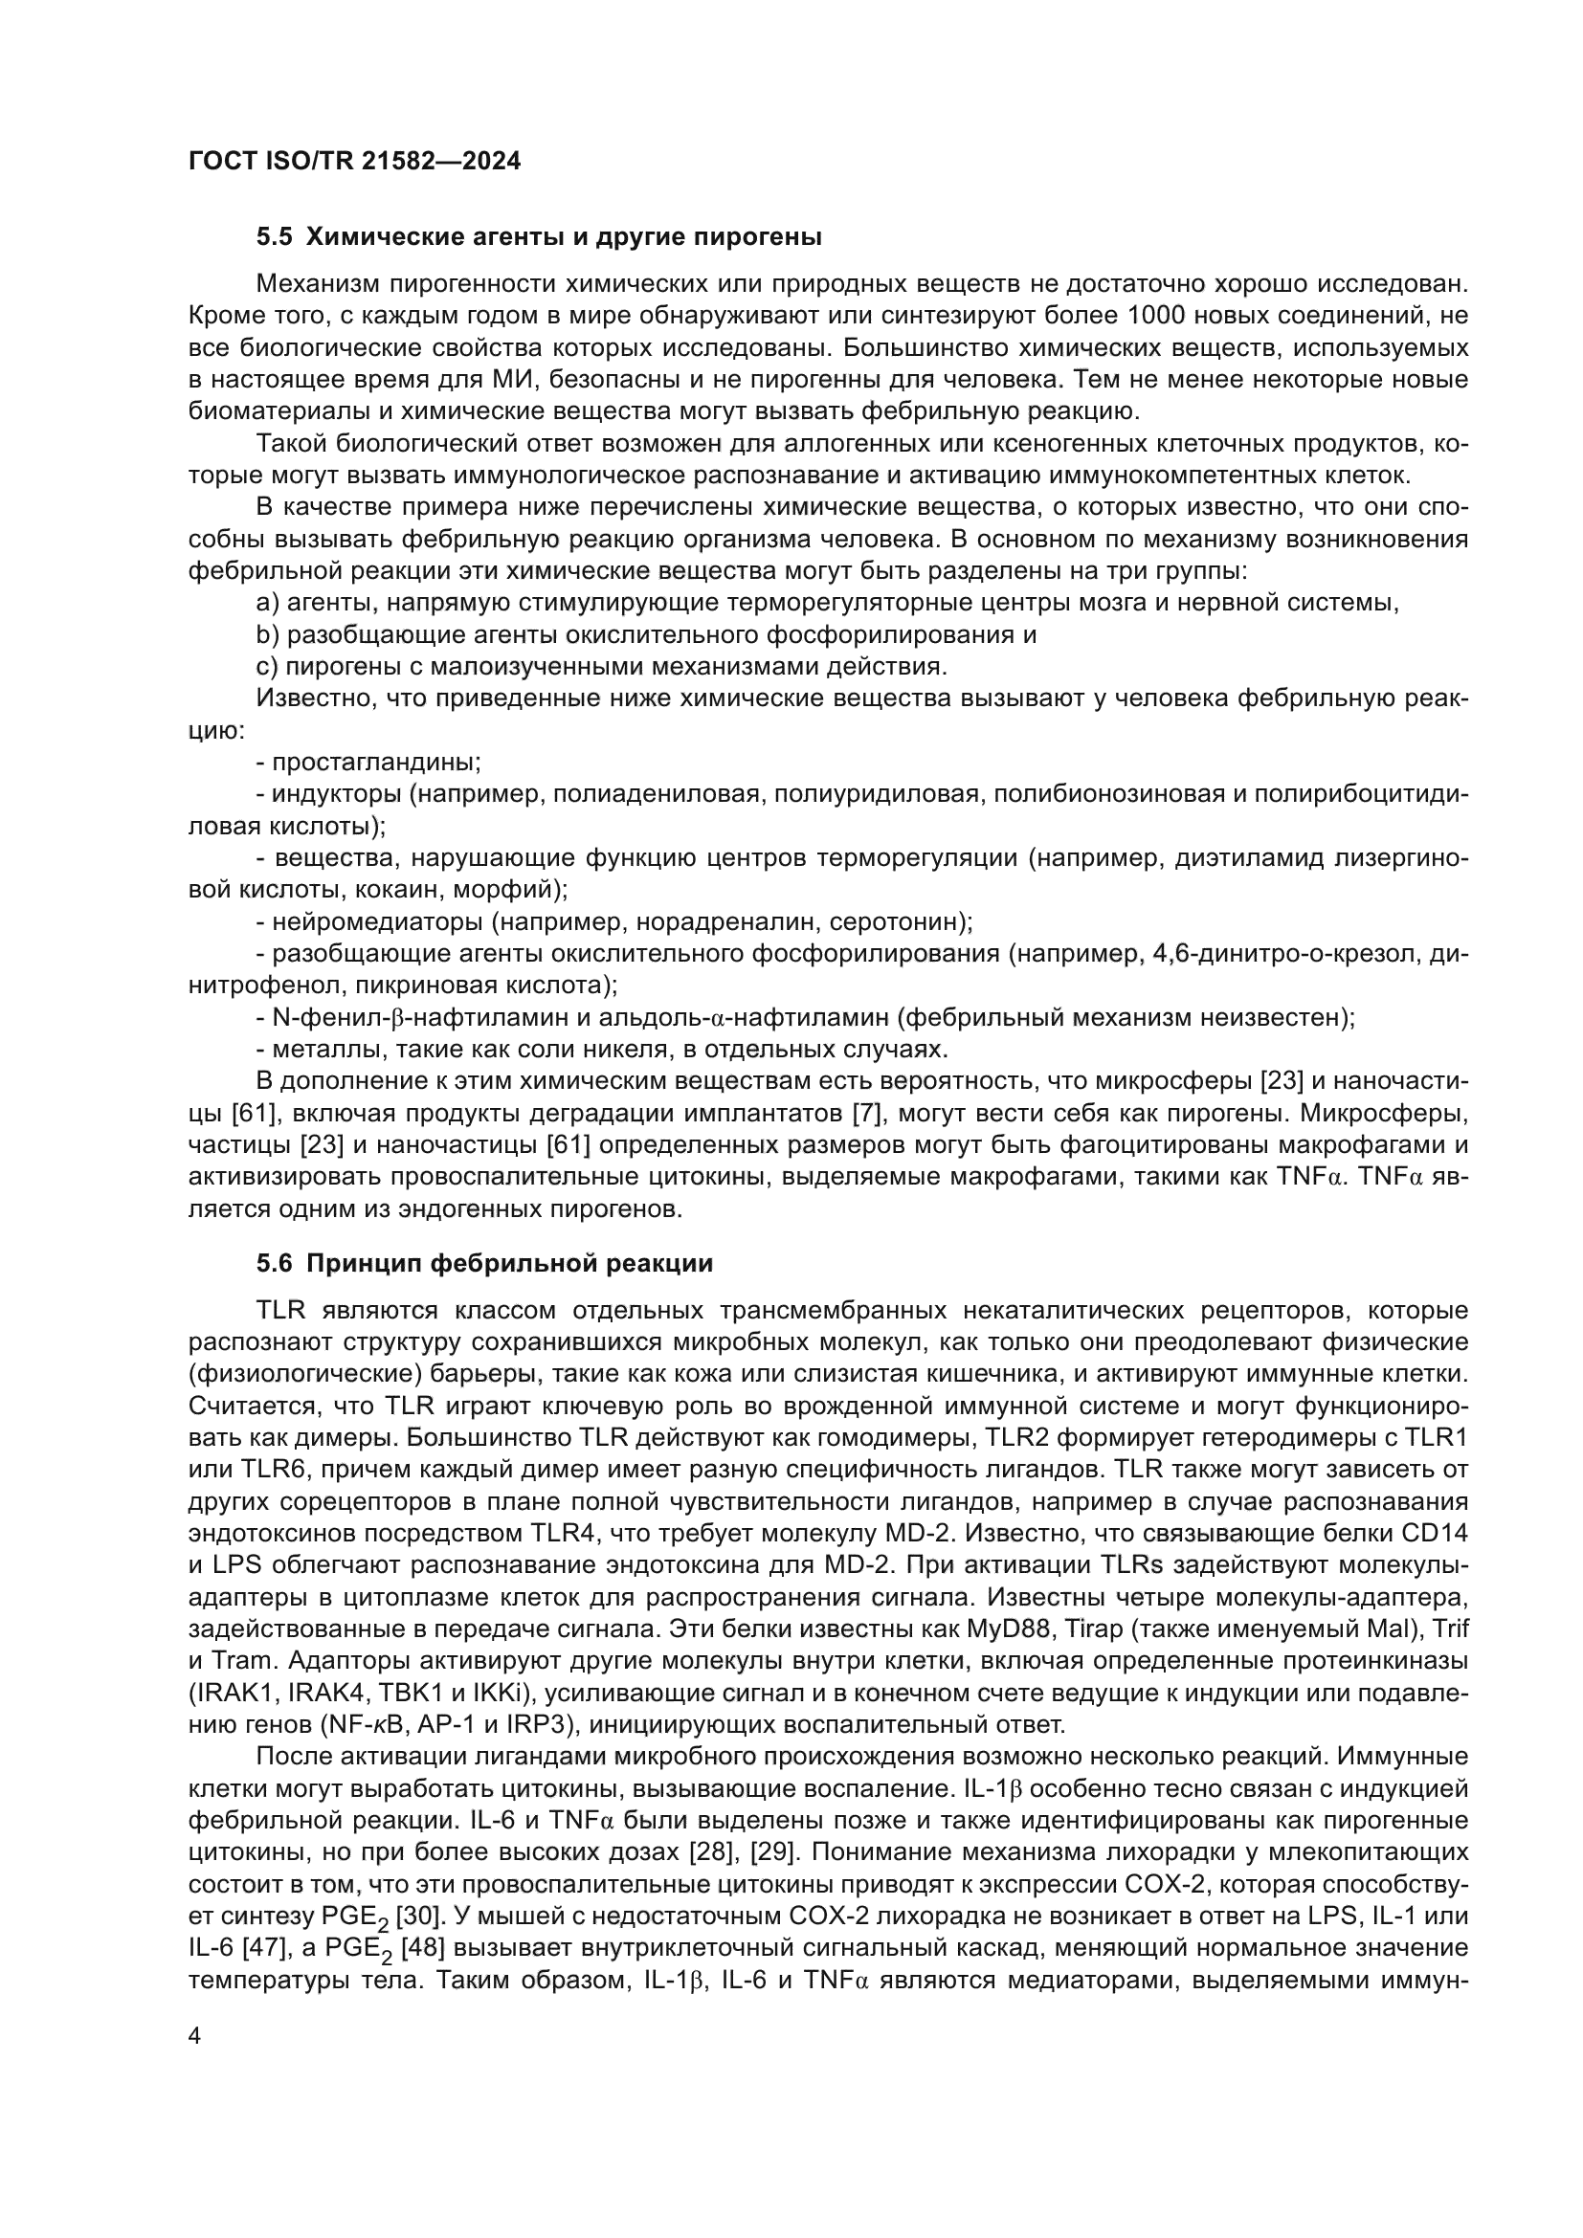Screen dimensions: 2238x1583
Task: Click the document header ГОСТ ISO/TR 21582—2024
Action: (355, 162)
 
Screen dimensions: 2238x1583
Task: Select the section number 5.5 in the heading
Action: (275, 237)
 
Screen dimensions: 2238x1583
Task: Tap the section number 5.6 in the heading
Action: (275, 1264)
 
